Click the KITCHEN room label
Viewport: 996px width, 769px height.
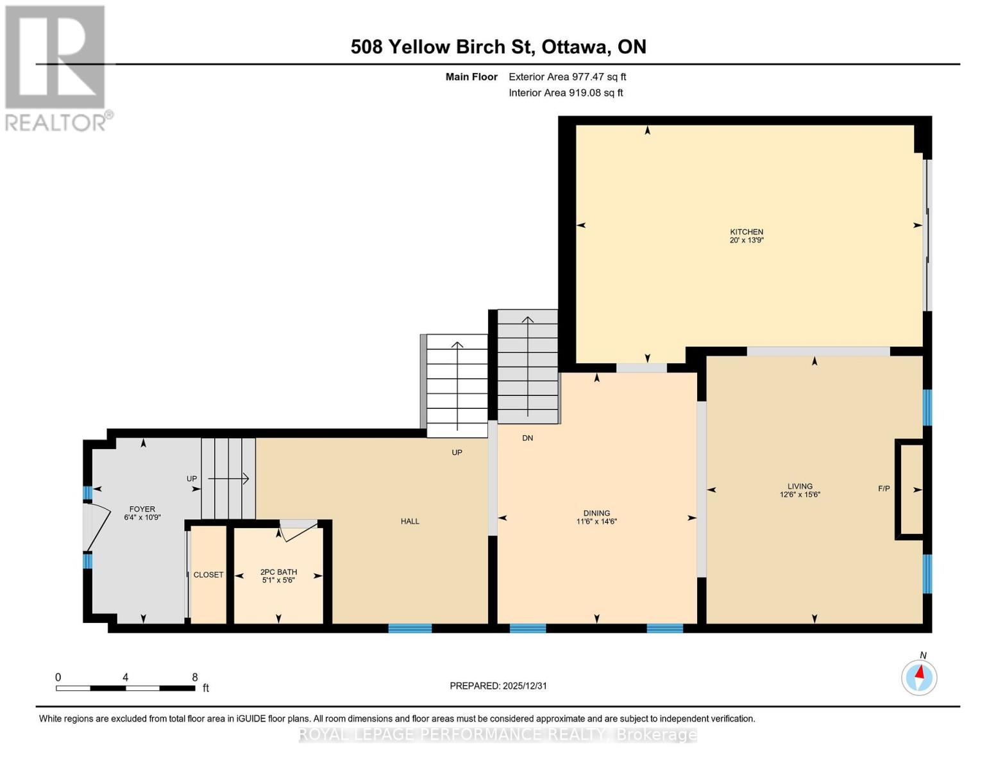coord(746,232)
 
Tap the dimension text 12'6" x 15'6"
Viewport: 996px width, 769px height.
coord(800,494)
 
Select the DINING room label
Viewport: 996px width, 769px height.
coord(596,513)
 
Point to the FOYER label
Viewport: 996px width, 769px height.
coord(142,509)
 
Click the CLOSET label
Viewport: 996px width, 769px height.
coord(208,574)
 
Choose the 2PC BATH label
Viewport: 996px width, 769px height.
coord(278,572)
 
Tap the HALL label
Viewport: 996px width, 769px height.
coord(410,521)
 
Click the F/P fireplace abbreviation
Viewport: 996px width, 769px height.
coord(884,488)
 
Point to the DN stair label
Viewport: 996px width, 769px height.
coord(527,438)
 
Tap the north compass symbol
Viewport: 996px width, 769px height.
coord(919,677)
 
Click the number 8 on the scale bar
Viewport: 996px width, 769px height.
coord(195,677)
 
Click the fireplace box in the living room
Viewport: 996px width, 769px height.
coord(909,489)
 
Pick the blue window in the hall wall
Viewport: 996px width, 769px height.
coord(410,628)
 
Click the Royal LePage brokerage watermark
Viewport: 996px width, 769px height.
coord(498,734)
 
